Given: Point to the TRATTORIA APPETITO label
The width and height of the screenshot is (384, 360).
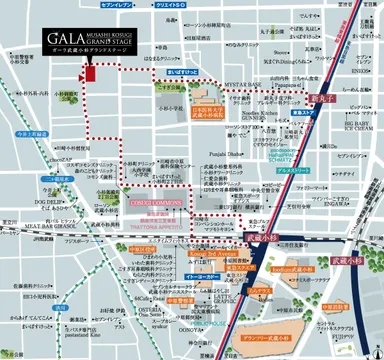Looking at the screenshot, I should point(155,226).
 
